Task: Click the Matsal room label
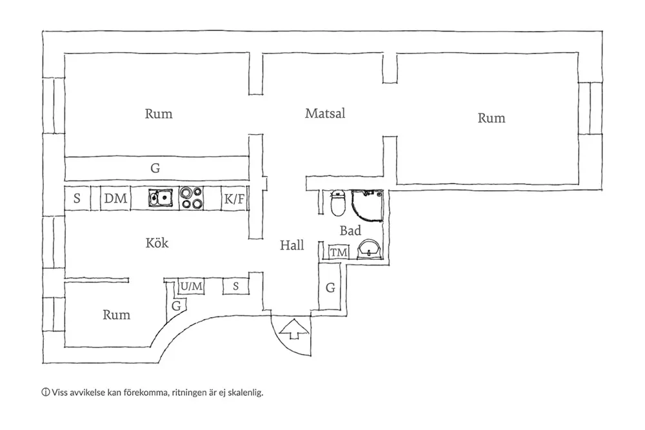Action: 325,114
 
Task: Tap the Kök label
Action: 157,243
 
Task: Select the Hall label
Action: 292,245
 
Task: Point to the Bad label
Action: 350,230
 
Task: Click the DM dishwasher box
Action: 115,199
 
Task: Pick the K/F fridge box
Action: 234,199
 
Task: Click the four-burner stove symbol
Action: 190,199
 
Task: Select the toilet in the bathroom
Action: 337,204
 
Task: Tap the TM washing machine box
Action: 338,253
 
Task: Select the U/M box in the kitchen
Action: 192,286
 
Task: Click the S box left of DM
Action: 77,199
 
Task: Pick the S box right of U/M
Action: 236,286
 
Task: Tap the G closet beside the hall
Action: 330,288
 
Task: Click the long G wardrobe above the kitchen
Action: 155,168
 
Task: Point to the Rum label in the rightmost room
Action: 491,118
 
